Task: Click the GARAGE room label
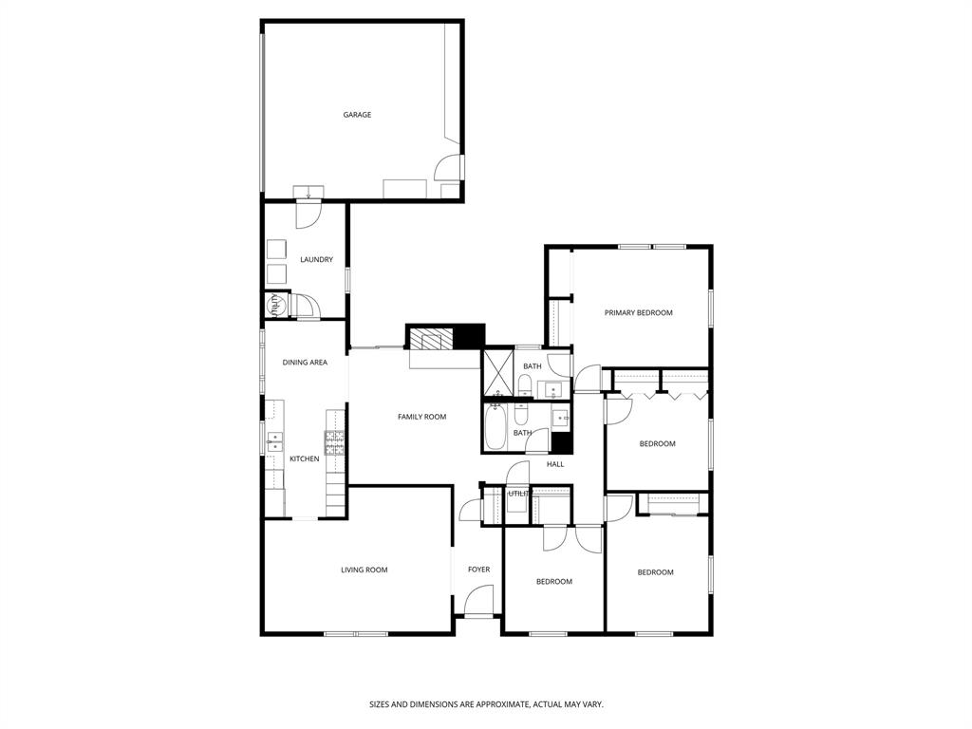357,115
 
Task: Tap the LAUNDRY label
316,259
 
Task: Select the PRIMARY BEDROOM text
638,312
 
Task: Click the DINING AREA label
305,362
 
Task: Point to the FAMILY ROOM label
421,417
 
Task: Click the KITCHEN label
304,458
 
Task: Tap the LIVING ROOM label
364,570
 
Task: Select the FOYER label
478,570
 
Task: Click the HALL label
555,464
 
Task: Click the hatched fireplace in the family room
433,339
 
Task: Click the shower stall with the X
496,372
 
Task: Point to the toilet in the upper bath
524,384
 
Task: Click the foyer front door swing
481,600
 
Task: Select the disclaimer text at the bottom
486,704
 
